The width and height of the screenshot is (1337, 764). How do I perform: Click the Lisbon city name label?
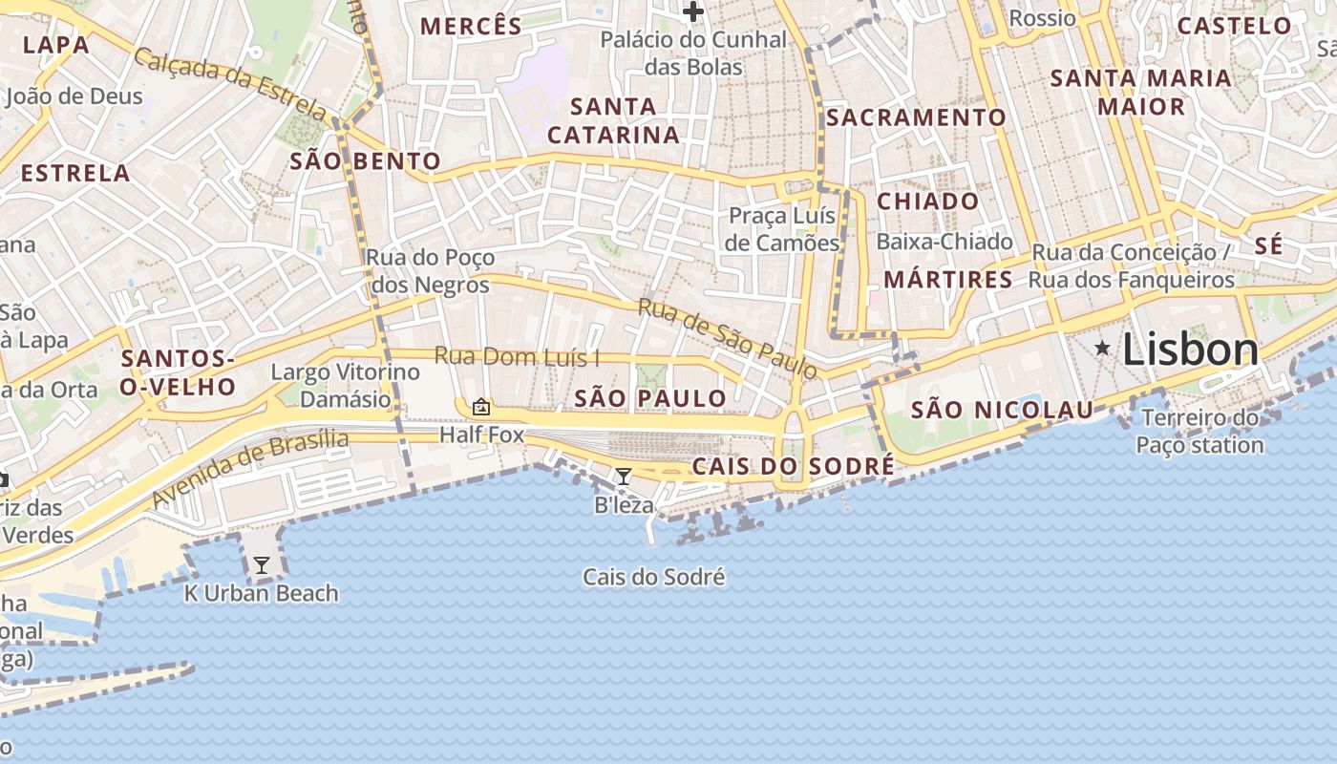click(1190, 350)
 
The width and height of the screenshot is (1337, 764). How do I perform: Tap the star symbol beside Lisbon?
click(1103, 349)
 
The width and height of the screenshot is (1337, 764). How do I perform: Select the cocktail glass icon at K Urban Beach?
click(261, 565)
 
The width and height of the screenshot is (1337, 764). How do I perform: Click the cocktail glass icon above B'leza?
click(624, 476)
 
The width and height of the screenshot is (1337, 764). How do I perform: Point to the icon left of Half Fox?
click(481, 408)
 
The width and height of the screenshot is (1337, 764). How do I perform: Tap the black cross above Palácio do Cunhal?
click(693, 12)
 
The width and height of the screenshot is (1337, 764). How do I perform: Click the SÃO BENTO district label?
click(365, 161)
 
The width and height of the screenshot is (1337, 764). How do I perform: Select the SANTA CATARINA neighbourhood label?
click(613, 120)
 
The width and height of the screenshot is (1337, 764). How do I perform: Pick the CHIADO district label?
click(927, 202)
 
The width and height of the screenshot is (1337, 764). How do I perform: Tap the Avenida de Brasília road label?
click(250, 468)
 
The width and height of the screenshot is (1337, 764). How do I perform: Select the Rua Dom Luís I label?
click(517, 357)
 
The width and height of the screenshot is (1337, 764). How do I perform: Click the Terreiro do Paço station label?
click(1200, 432)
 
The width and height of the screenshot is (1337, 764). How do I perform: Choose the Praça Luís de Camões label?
click(783, 229)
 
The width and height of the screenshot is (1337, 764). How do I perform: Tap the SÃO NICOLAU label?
click(1002, 411)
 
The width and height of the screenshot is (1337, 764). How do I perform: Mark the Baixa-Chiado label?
click(944, 242)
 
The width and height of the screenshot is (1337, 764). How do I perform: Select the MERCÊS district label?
click(471, 26)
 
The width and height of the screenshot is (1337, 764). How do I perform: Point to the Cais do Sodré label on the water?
click(654, 577)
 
